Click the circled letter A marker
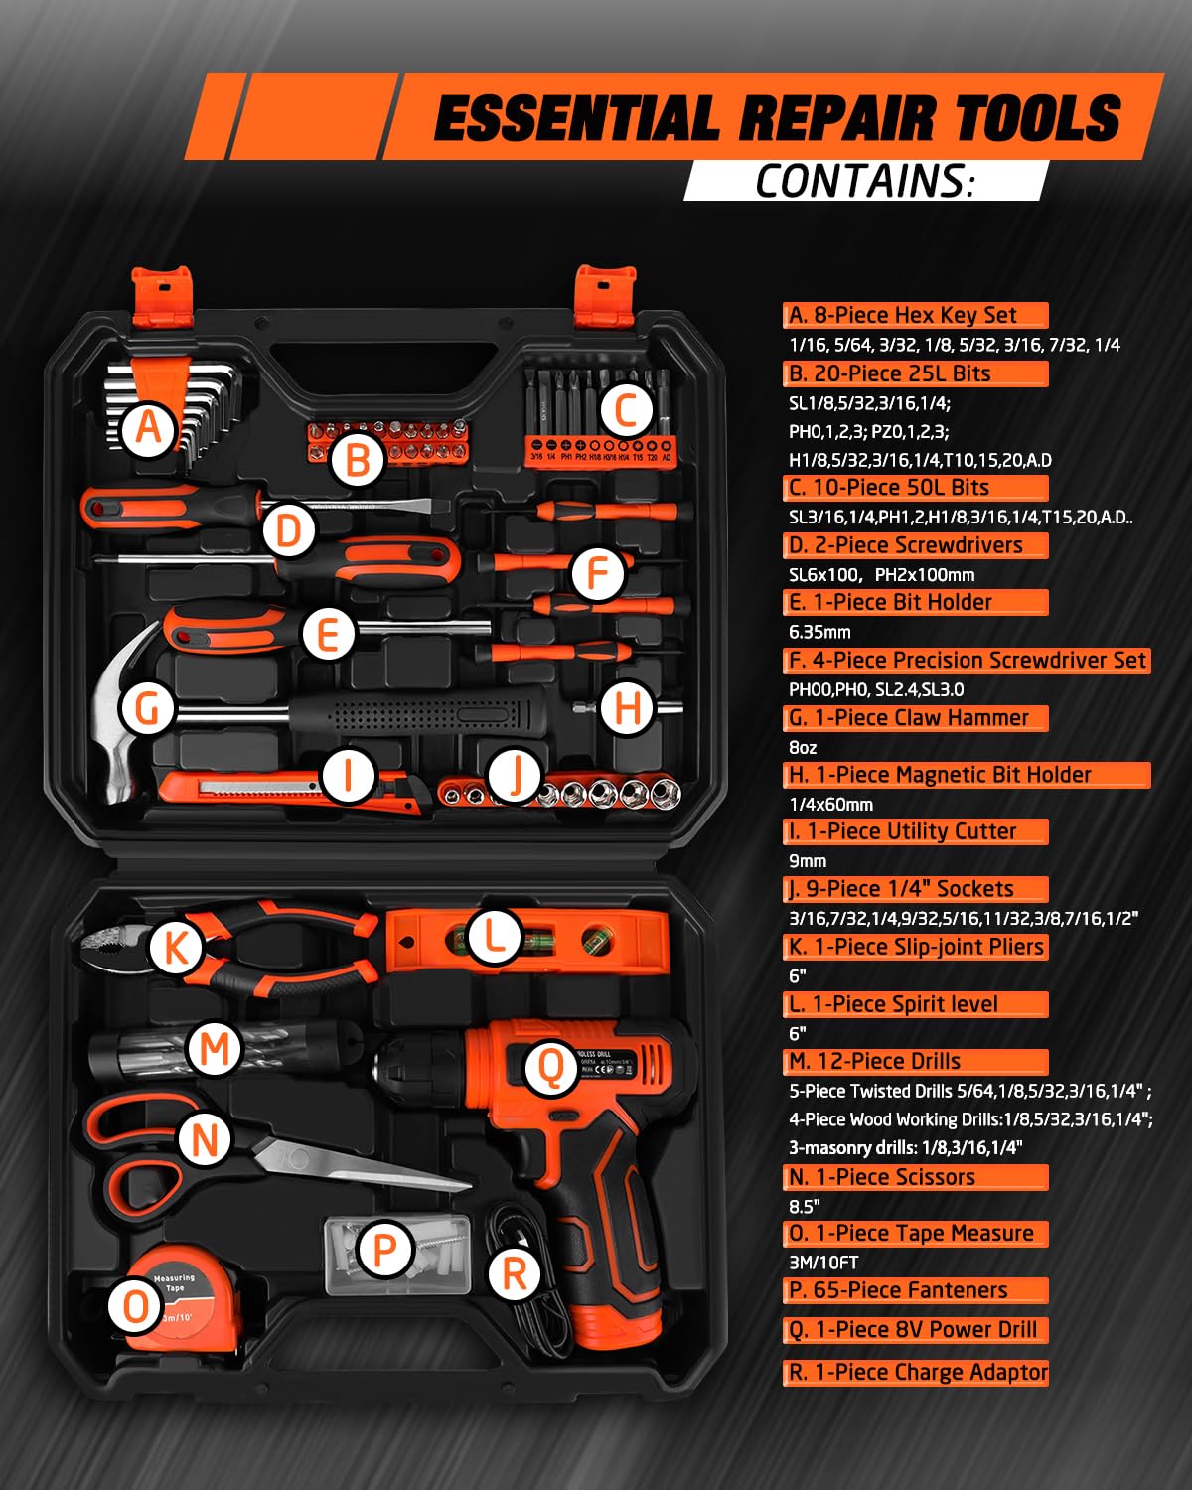(148, 427)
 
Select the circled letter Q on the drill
(549, 1068)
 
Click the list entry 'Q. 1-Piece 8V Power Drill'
(915, 1330)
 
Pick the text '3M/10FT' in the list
(823, 1263)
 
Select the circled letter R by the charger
(514, 1273)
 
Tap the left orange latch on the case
(163, 296)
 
